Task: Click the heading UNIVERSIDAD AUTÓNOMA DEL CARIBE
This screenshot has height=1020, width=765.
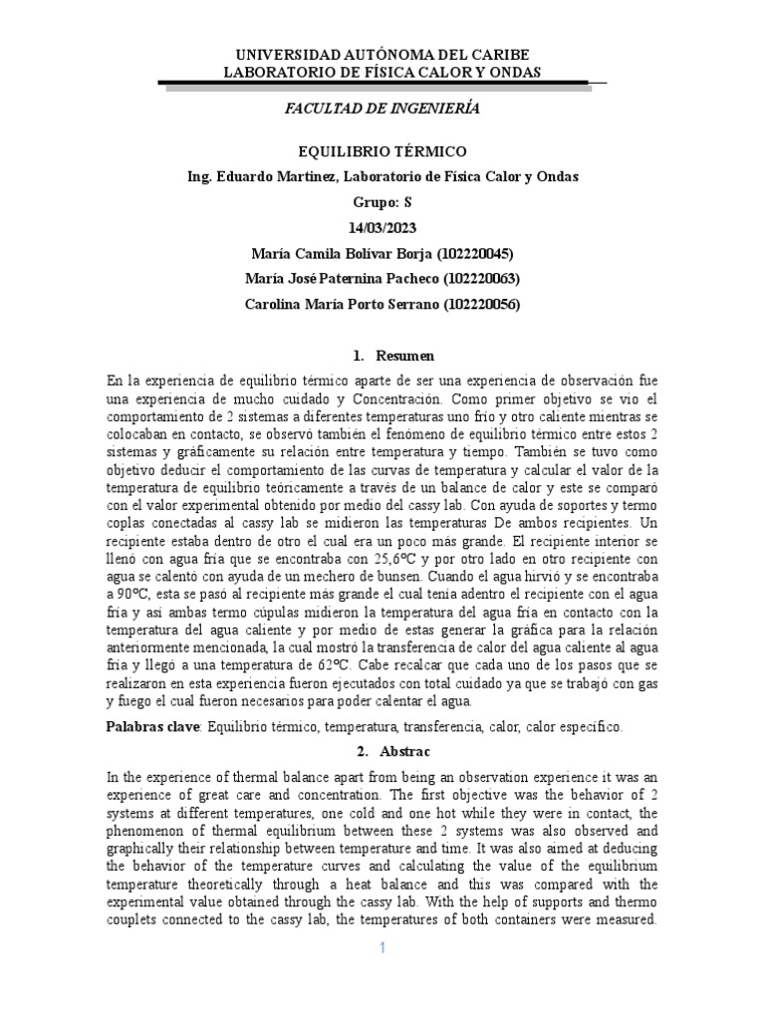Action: click(382, 54)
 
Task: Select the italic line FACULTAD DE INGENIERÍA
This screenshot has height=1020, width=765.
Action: click(382, 109)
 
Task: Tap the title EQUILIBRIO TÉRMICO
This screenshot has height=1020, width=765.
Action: click(382, 151)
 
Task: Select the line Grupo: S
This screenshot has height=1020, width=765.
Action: click(382, 202)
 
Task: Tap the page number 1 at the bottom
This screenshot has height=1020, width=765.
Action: click(382, 948)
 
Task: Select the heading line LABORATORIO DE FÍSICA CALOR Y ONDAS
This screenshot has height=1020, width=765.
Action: click(382, 72)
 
